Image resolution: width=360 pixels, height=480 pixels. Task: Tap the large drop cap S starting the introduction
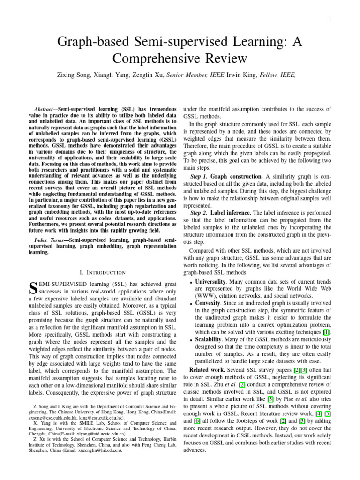[33, 288]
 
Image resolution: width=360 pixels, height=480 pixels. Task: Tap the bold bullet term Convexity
[210, 303]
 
